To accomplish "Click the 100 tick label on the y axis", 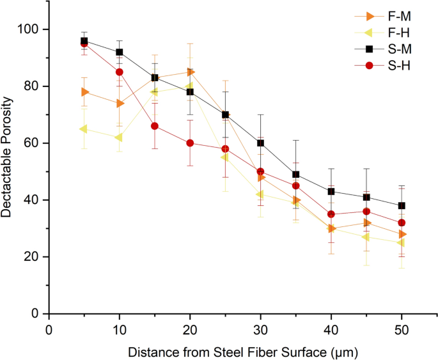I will click(x=31, y=29).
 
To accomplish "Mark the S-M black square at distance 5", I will click(x=84, y=41).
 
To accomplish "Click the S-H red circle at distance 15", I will click(x=154, y=126).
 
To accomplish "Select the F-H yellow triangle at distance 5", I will click(x=84, y=129).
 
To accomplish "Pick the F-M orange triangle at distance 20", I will click(x=190, y=72).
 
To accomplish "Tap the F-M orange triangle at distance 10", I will click(x=119, y=104).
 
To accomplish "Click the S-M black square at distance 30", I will click(x=260, y=143).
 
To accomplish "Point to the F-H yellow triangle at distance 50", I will click(x=401, y=243).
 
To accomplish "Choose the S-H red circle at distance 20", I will click(x=190, y=143).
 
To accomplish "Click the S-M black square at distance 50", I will click(x=401, y=206).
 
